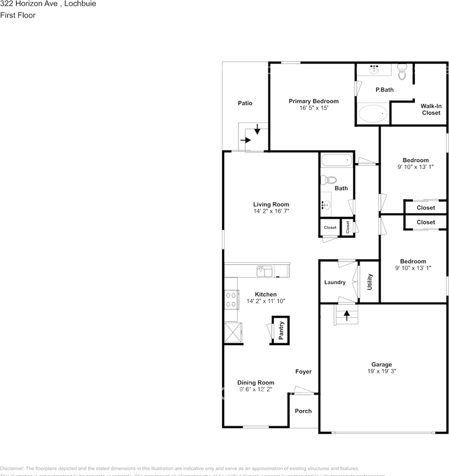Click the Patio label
pos(245,103)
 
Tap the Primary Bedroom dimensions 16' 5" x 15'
pos(314,108)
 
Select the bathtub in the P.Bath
pos(374,114)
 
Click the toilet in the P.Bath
pos(401,72)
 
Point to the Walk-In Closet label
pos(431,109)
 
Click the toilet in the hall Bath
pos(329,179)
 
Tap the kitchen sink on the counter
pos(264,271)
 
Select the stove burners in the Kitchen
pos(230,299)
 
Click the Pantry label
pos(281,331)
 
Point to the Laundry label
pos(335,283)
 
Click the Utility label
pos(369,282)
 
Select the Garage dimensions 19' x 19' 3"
pos(382,371)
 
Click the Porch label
pos(303,411)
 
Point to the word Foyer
pos(303,372)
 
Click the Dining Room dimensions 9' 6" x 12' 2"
pos(255,389)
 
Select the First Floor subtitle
pos(18,15)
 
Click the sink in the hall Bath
pos(325,204)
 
